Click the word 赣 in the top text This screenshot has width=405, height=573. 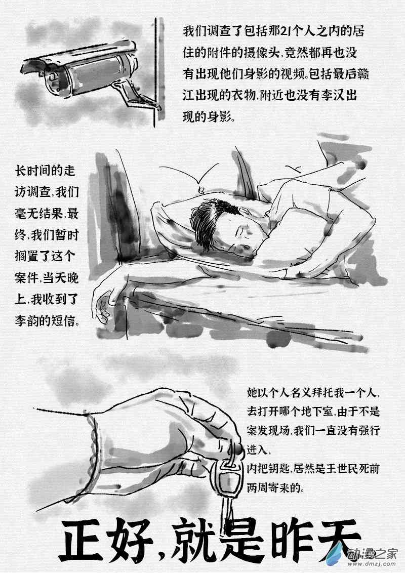pyautogui.click(x=362, y=74)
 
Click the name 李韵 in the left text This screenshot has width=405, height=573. pyautogui.click(x=29, y=321)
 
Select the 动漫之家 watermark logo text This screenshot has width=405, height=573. pyautogui.click(x=372, y=553)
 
